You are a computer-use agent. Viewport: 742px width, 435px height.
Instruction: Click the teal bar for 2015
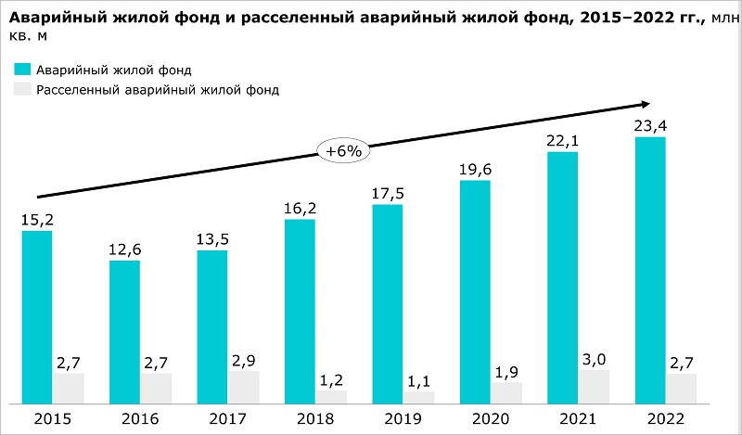pyautogui.click(x=36, y=316)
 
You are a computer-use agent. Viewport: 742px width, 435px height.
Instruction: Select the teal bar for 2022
pyautogui.click(x=649, y=270)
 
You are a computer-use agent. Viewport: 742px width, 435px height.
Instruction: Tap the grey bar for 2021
pyautogui.click(x=594, y=386)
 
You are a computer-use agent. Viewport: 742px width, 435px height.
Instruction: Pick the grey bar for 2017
pyautogui.click(x=243, y=387)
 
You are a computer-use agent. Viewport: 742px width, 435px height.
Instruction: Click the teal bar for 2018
pyautogui.click(x=299, y=311)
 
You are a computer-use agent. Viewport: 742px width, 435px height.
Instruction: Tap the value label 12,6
pyautogui.click(x=124, y=249)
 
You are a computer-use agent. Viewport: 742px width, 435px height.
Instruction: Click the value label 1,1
pyautogui.click(x=418, y=380)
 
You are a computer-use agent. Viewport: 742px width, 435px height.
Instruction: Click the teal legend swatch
pyautogui.click(x=22, y=70)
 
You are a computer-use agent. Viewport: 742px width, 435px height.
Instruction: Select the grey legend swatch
pyautogui.click(x=22, y=89)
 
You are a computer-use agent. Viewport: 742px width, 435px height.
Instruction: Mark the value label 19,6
pyautogui.click(x=475, y=170)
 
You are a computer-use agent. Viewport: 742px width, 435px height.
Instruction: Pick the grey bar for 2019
pyautogui.click(x=418, y=397)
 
